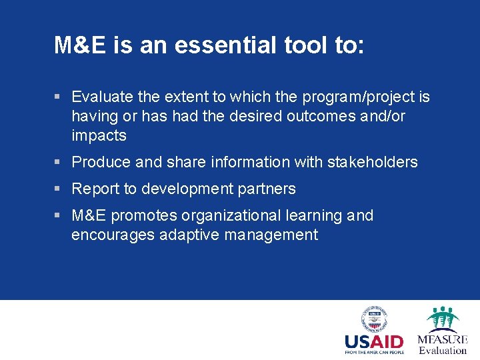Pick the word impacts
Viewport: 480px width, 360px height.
pyautogui.click(x=99, y=136)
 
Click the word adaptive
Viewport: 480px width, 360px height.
pyautogui.click(x=189, y=235)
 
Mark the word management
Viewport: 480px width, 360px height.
pyautogui.click(x=271, y=235)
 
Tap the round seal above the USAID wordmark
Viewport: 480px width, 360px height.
pyautogui.click(x=374, y=319)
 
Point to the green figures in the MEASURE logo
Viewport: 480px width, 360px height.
pyautogui.click(x=443, y=319)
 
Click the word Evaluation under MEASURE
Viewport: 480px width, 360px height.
pyautogui.click(x=443, y=350)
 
